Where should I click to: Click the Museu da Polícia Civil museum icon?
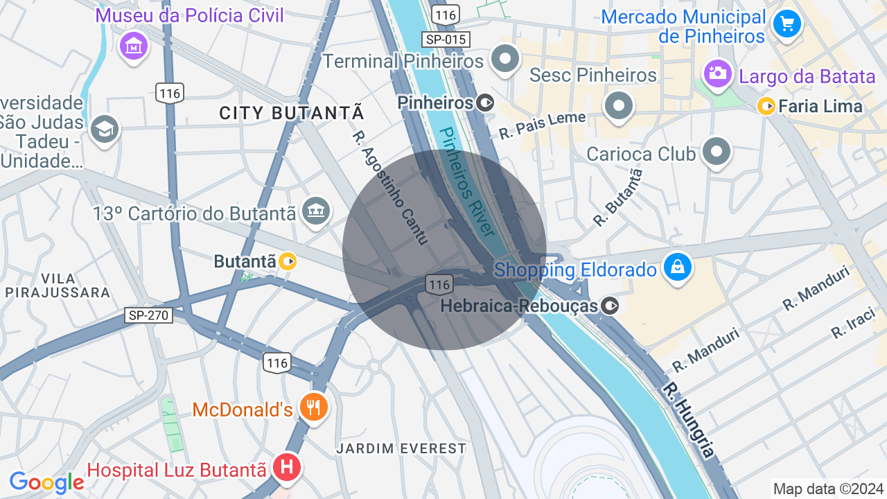(x=134, y=46)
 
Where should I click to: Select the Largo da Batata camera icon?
(x=717, y=72)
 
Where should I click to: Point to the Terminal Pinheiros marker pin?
(x=505, y=59)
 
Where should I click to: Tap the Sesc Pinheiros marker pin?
(x=619, y=106)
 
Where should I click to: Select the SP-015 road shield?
(x=446, y=40)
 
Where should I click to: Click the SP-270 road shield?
(x=149, y=315)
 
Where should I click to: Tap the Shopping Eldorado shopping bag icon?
(x=678, y=267)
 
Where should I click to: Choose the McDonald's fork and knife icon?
(x=314, y=407)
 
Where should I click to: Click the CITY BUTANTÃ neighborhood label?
(x=292, y=113)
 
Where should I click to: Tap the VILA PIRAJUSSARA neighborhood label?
(x=57, y=286)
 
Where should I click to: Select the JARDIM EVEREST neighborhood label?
(x=401, y=448)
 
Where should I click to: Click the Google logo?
(x=46, y=482)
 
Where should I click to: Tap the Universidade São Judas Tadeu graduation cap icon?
(x=105, y=129)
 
